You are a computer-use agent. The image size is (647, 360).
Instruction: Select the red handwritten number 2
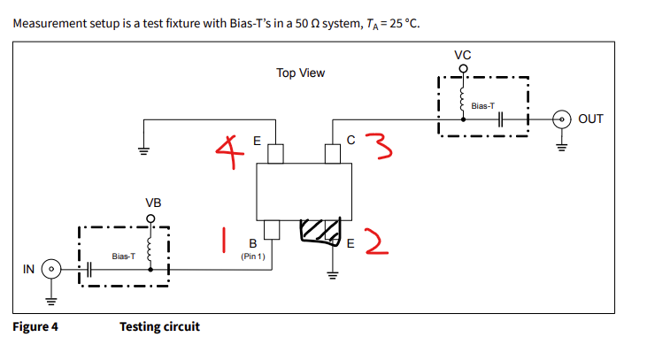tap(375, 239)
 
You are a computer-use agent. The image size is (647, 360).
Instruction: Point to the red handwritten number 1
tap(226, 237)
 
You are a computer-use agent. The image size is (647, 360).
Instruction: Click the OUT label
tap(590, 119)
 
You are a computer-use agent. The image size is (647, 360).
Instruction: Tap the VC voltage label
tap(462, 55)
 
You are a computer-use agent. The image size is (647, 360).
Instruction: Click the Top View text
tap(300, 73)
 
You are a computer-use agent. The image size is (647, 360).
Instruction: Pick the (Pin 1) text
tap(252, 257)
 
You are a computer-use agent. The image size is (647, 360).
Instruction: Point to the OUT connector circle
tap(561, 119)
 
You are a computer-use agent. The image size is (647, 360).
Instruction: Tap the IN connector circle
tap(52, 268)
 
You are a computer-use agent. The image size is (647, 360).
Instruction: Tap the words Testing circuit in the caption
tap(159, 326)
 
